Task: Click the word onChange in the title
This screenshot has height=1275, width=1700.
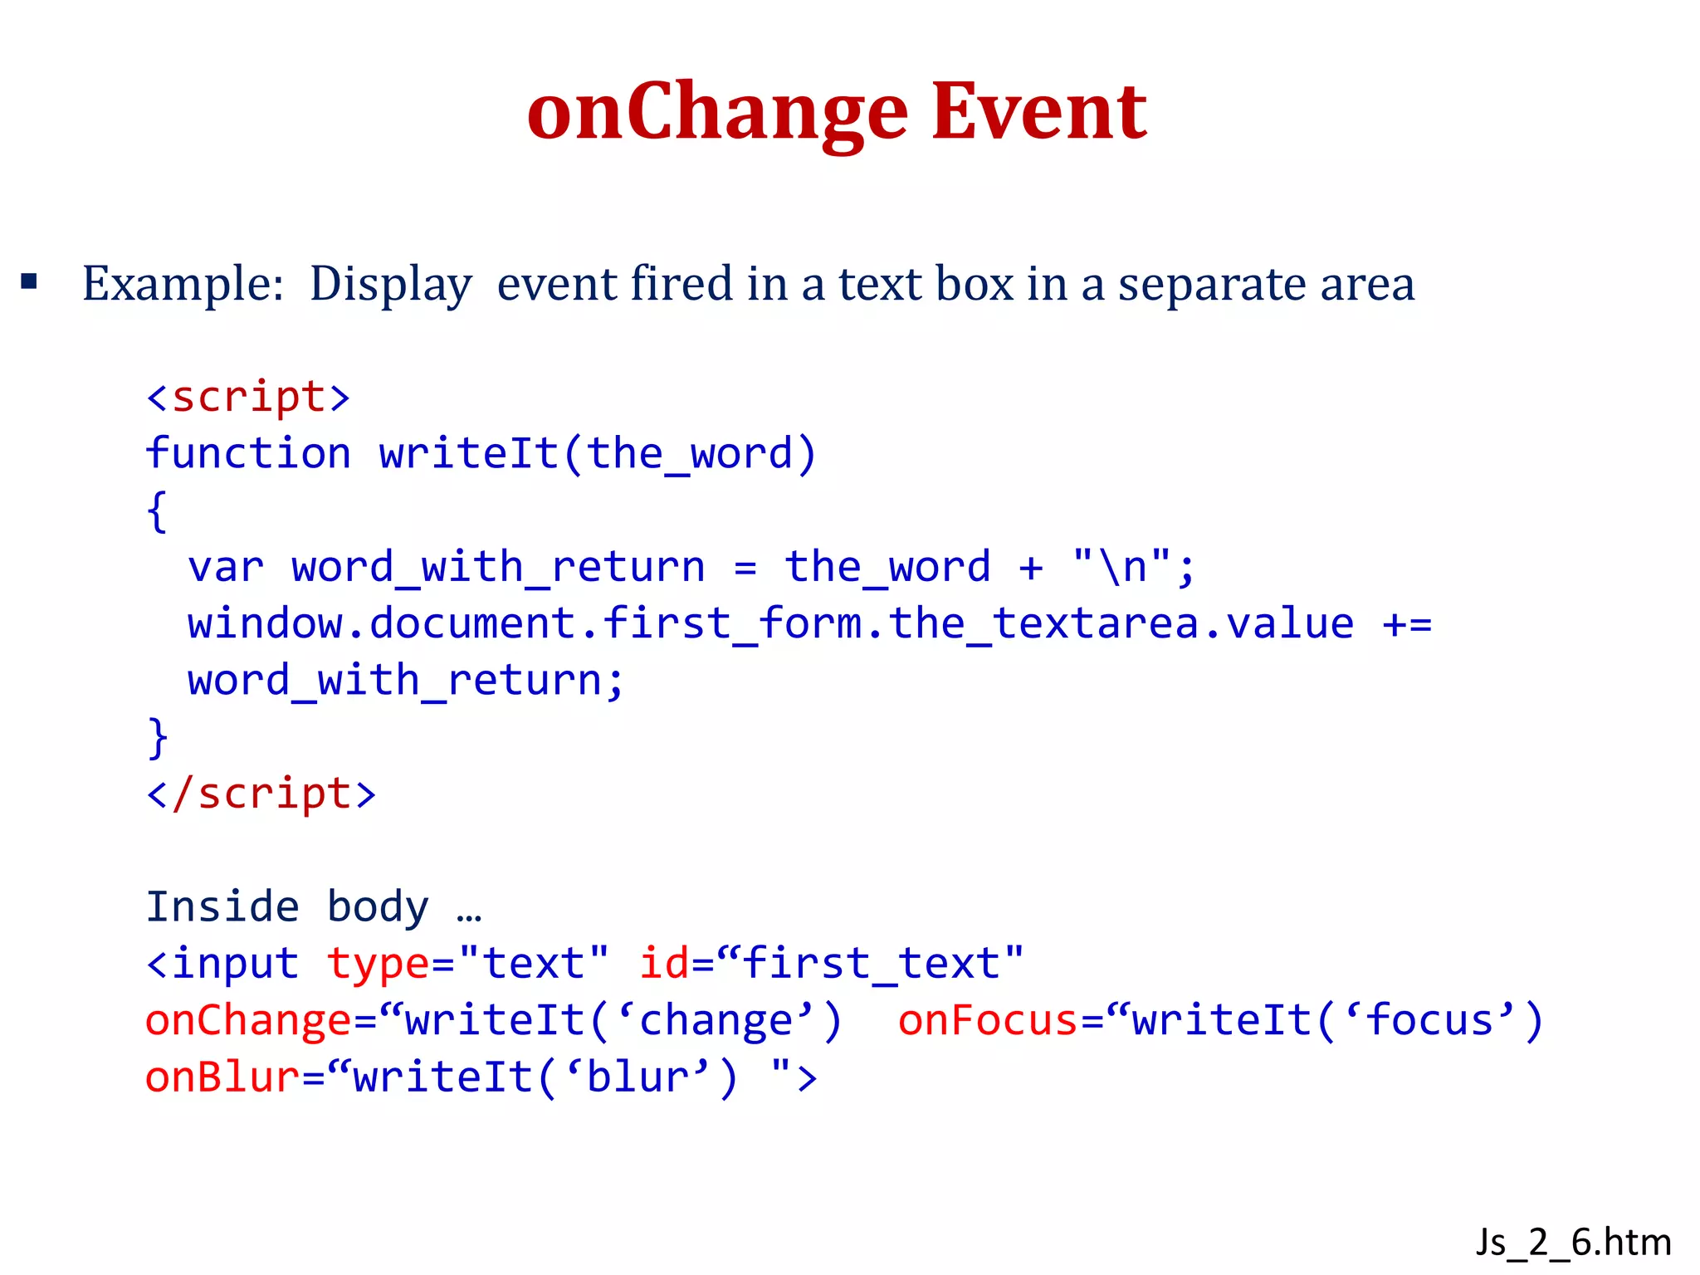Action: [x=717, y=112]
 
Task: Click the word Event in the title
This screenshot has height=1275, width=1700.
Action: [x=1039, y=112]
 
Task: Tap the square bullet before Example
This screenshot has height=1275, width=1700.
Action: [x=30, y=282]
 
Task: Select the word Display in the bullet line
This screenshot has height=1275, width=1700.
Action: [x=390, y=285]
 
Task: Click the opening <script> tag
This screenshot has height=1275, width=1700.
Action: [x=248, y=397]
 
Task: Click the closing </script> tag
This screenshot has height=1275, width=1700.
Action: [x=261, y=794]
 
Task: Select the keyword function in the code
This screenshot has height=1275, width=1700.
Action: [x=248, y=453]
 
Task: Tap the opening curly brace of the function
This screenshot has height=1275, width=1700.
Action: [x=157, y=510]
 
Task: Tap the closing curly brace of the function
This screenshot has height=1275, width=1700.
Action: [x=157, y=737]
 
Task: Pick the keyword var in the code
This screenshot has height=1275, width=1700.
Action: [x=226, y=567]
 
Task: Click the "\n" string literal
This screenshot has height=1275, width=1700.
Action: [x=1121, y=567]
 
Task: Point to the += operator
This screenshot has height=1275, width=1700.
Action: [x=1407, y=624]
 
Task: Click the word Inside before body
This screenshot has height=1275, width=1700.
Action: [x=222, y=906]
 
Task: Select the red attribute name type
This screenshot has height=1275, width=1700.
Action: [x=378, y=964]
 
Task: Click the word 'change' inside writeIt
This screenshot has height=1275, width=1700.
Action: [x=716, y=1020]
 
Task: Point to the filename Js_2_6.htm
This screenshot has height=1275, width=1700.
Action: [x=1573, y=1243]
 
